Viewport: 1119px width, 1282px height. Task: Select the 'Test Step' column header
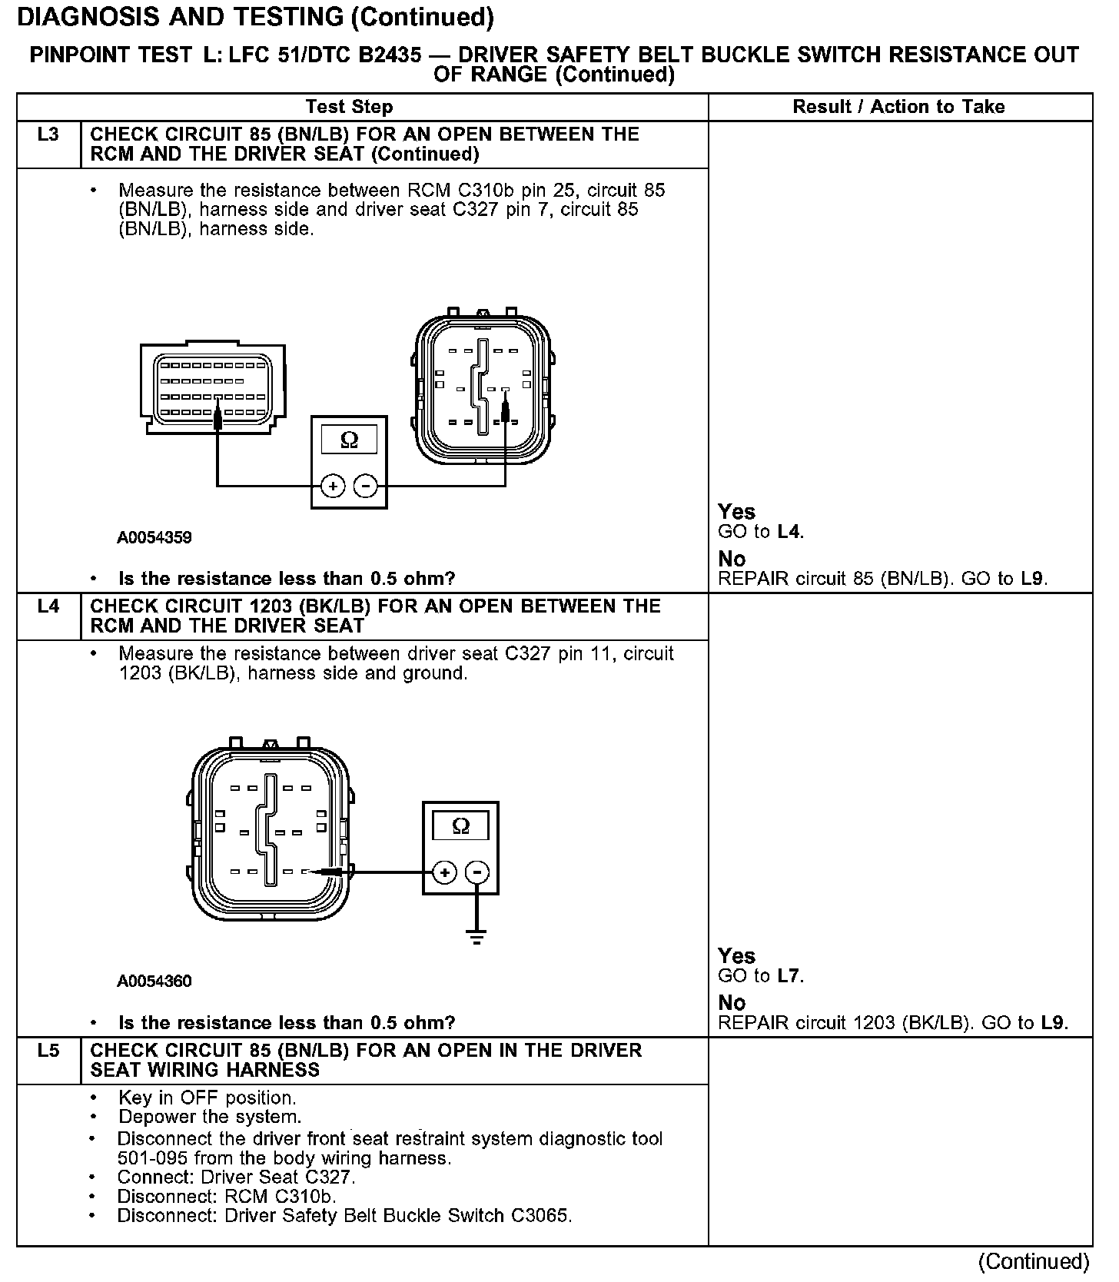coord(349,107)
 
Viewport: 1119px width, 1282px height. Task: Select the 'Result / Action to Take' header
coord(898,107)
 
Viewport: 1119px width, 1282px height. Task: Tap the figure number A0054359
coord(154,538)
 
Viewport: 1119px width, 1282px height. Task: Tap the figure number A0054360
coord(154,981)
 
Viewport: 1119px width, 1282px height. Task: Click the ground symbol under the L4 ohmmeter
coord(477,938)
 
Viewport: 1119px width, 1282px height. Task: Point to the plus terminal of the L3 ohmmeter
coord(333,487)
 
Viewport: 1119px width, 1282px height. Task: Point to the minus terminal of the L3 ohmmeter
coord(365,487)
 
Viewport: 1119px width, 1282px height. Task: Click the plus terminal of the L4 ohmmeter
coord(444,872)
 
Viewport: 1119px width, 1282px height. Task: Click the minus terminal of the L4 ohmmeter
coord(477,872)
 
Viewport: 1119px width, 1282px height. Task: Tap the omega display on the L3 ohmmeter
coord(349,440)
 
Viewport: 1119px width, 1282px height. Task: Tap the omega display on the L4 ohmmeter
coord(460,826)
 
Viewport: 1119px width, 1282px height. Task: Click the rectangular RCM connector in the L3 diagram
coord(213,388)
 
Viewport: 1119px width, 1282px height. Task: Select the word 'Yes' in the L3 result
coord(736,512)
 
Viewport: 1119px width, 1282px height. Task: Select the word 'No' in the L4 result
coord(732,1003)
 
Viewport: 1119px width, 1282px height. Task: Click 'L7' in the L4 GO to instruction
coord(789,976)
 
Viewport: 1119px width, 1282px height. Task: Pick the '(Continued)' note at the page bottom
coord(1034,1262)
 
